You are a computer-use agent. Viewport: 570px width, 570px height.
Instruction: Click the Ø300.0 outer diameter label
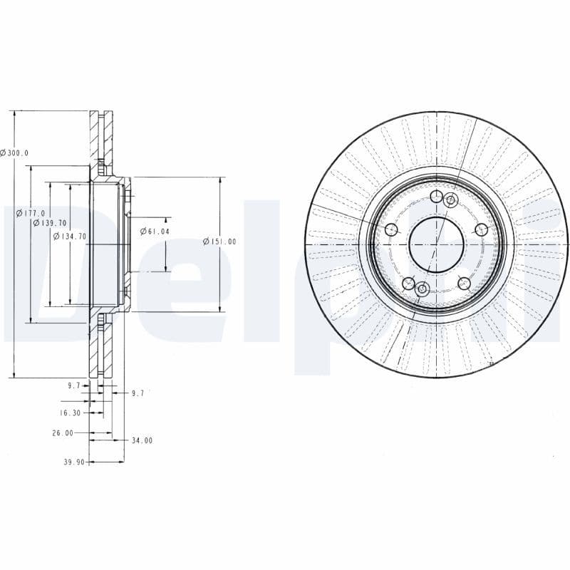tap(14, 152)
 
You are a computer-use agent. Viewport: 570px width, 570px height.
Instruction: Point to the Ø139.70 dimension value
tap(50, 223)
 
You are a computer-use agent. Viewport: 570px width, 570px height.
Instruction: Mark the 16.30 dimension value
tap(69, 413)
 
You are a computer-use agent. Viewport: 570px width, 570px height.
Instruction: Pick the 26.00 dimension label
tap(63, 432)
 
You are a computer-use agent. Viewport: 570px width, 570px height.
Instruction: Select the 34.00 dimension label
tap(142, 440)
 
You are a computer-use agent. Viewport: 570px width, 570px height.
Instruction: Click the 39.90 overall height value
tap(74, 462)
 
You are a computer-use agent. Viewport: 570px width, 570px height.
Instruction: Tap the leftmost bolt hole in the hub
tap(390, 229)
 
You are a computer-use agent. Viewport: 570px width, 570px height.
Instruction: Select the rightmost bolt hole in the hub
tap(482, 229)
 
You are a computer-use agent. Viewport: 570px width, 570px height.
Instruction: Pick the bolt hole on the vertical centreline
tap(436, 197)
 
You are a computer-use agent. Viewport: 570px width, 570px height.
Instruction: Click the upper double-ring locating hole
tap(450, 201)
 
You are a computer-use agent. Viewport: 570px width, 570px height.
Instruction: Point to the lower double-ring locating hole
tap(422, 289)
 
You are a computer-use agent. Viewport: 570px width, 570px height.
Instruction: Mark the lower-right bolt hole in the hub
tap(464, 283)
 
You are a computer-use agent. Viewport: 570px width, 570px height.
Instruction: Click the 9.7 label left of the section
tap(73, 385)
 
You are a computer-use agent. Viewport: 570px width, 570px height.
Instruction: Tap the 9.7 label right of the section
tap(138, 393)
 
